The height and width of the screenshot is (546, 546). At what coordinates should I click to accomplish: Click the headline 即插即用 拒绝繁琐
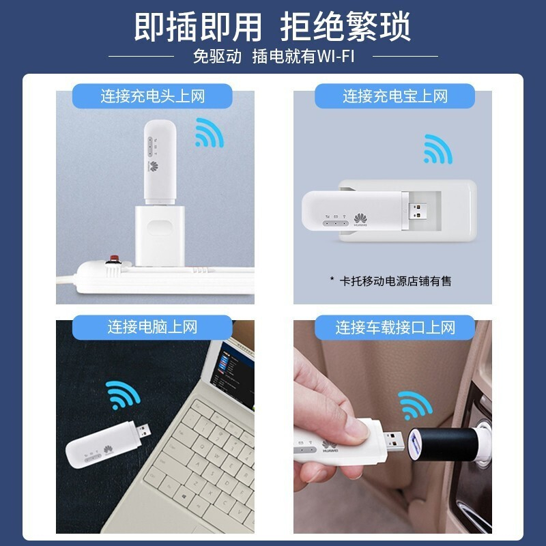click(x=272, y=27)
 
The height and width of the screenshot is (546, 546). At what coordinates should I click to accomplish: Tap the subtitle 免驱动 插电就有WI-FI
click(x=274, y=56)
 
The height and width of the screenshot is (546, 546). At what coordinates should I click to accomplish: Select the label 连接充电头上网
click(x=152, y=96)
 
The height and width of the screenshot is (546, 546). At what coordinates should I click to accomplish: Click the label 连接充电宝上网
click(x=395, y=96)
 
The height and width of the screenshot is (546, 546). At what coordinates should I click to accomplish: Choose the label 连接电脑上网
click(x=152, y=328)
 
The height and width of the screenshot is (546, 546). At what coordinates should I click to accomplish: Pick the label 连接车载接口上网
click(x=395, y=328)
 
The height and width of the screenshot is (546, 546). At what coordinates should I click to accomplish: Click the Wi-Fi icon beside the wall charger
click(x=209, y=132)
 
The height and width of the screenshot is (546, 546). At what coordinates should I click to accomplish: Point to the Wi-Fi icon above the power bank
click(x=437, y=149)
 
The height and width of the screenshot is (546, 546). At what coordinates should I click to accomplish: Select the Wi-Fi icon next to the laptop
click(x=122, y=394)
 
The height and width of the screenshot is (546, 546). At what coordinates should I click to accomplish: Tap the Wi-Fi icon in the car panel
click(x=415, y=405)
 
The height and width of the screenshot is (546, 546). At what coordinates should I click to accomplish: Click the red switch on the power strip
click(x=114, y=259)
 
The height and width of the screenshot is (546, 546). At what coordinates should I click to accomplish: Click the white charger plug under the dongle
click(x=160, y=236)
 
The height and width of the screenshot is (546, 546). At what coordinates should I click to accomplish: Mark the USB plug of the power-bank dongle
click(x=417, y=212)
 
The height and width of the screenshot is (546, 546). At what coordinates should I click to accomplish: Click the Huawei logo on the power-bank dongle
click(x=361, y=220)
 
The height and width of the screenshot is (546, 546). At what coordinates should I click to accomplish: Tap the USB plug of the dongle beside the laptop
click(x=143, y=432)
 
